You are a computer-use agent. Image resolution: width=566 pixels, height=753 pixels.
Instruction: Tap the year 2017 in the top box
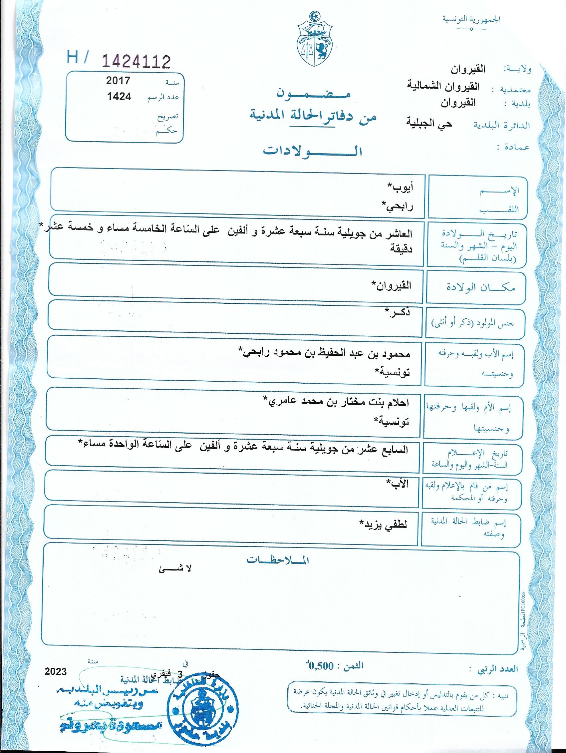pos(118,81)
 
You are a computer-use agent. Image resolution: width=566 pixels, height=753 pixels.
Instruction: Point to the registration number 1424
pos(119,97)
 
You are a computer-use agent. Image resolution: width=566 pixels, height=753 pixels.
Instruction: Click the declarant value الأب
pos(398,483)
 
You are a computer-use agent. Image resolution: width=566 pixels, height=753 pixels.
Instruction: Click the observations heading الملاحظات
pos(278,560)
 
